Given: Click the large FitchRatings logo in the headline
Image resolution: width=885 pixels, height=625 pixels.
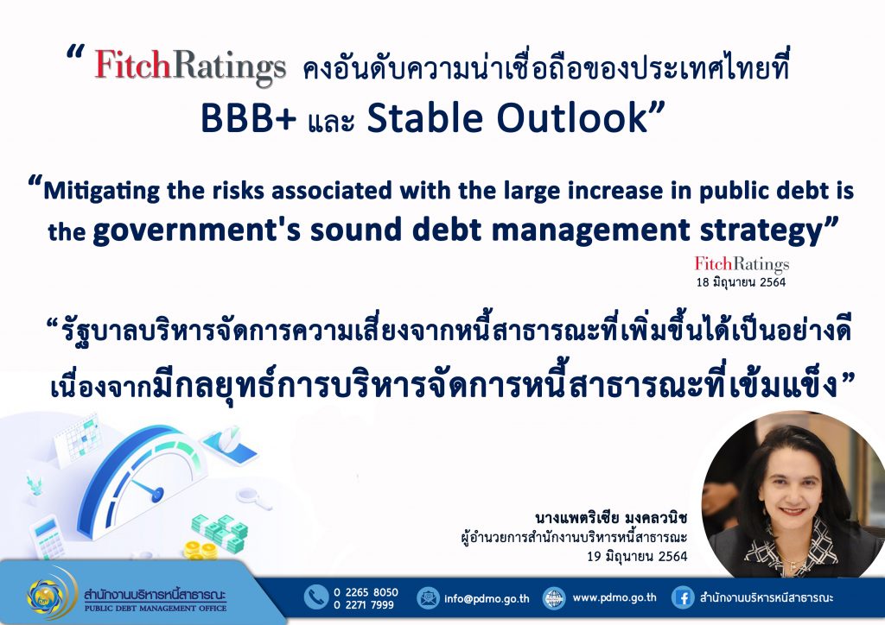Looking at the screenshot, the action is tap(190, 67).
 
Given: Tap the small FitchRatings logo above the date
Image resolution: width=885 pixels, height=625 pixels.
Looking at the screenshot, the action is tap(742, 264).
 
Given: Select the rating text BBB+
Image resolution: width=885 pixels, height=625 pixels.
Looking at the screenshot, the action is tap(248, 118).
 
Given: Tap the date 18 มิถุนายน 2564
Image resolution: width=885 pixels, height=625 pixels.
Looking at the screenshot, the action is tap(741, 282).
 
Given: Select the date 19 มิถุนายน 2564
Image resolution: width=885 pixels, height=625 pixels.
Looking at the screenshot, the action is tap(637, 557).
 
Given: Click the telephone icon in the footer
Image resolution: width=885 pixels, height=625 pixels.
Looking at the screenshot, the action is tap(316, 597).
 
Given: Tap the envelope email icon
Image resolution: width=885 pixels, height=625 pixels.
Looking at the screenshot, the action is tap(428, 598).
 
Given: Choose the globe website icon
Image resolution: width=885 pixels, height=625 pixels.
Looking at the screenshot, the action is tap(554, 598).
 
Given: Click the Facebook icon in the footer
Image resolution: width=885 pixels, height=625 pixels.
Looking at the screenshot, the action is tap(683, 598).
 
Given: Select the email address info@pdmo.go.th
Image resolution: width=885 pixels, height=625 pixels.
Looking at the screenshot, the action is tap(487, 598).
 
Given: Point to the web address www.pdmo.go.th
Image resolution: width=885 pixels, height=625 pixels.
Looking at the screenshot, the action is tap(614, 597).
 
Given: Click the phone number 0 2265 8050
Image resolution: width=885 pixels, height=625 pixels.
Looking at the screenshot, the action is tap(366, 592).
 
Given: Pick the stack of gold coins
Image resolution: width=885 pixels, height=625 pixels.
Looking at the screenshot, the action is tap(201, 549).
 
